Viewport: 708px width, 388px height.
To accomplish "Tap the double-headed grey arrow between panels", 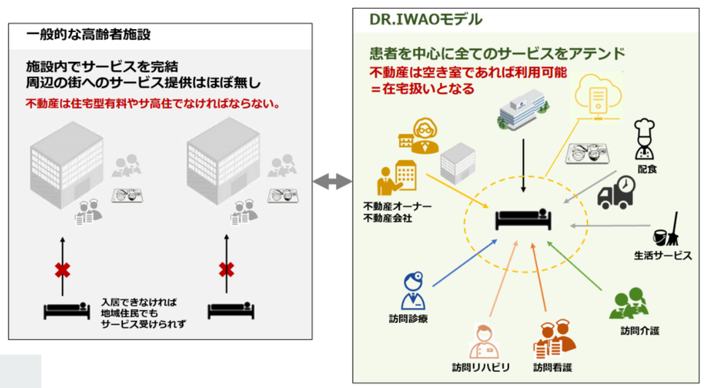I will (333, 182).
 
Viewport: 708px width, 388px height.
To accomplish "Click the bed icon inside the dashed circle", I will (524, 218).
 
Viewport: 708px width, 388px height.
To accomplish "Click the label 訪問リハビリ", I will (480, 368).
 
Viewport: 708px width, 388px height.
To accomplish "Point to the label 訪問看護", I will (554, 368).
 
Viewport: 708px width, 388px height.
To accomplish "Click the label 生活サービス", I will (658, 255).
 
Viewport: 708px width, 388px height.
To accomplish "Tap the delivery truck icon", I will (618, 192).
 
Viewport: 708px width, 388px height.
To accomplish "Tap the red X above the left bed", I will (63, 270).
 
